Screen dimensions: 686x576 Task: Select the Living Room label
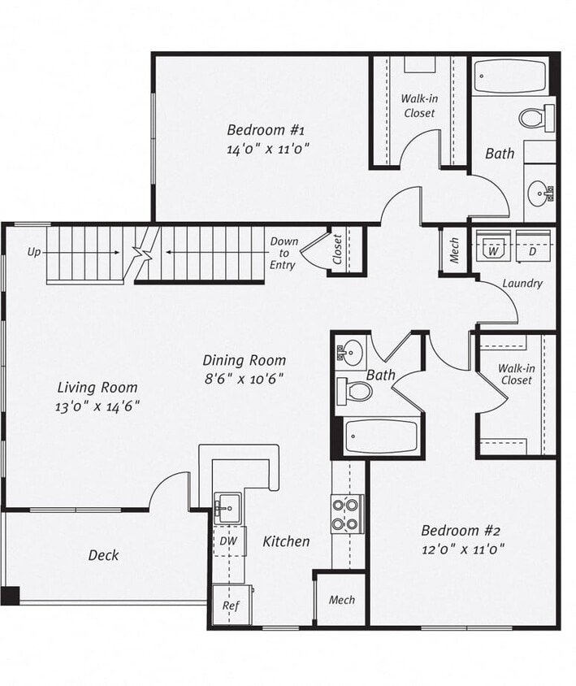pos(97,388)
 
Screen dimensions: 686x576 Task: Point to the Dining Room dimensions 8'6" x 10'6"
pos(244,379)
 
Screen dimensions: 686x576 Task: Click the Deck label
pos(103,555)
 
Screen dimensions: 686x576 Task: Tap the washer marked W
pos(492,251)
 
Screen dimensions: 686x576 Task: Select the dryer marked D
pos(532,251)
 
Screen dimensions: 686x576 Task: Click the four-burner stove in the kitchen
pos(347,514)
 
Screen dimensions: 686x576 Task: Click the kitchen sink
pos(227,509)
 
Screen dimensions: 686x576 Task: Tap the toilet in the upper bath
pos(536,118)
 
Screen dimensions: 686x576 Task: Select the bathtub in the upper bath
pos(509,76)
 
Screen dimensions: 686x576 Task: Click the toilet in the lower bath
pos(355,392)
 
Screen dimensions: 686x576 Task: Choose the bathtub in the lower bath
pos(381,436)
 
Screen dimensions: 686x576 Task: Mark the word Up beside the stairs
pos(34,252)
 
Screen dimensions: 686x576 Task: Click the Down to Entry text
pos(284,254)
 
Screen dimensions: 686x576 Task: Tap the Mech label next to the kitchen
pos(341,600)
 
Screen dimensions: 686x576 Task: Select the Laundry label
pos(522,284)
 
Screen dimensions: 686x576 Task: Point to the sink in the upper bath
pos(539,193)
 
